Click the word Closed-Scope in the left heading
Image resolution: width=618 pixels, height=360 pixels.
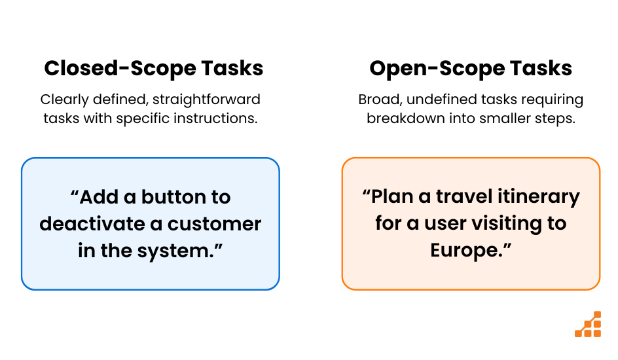tap(120, 69)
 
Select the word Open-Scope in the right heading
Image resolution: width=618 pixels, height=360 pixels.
tap(437, 69)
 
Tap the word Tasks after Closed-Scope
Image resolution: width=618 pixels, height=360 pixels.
tap(232, 68)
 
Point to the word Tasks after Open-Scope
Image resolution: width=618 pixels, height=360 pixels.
tap(541, 68)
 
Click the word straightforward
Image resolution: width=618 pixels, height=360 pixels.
tap(206, 99)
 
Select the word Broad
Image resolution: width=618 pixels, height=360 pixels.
tap(380, 99)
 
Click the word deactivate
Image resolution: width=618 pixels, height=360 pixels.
tap(92, 224)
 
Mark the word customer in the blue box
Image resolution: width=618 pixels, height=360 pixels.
tap(215, 224)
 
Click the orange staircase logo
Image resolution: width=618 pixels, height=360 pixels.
tap(588, 324)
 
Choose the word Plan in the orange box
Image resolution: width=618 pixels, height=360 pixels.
tap(397, 196)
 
